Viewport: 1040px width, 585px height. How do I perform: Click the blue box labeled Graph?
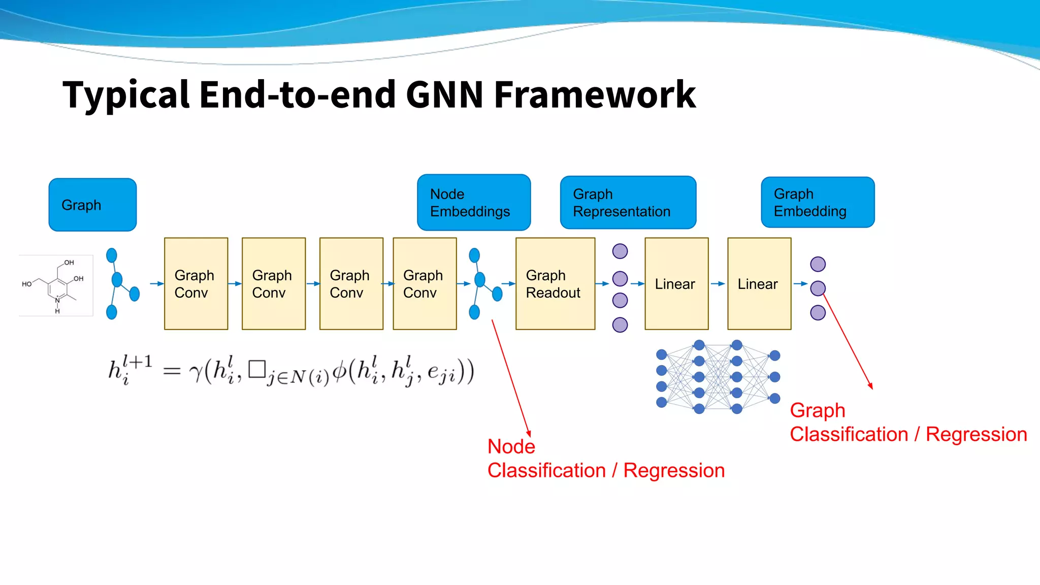click(92, 205)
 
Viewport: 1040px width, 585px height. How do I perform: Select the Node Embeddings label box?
click(474, 203)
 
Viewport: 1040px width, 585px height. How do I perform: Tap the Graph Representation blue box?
click(628, 203)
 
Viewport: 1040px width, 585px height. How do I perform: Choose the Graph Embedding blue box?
click(818, 202)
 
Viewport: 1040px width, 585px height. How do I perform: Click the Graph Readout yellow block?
click(555, 284)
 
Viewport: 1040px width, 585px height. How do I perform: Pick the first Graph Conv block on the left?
click(196, 284)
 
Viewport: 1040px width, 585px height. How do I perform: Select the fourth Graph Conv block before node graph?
click(425, 284)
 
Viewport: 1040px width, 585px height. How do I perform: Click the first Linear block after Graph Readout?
click(676, 284)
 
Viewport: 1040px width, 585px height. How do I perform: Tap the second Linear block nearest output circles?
click(759, 284)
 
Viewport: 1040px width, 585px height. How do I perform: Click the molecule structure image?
click(56, 286)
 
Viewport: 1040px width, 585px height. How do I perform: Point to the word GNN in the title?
click(444, 95)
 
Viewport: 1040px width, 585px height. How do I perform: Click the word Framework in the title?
click(595, 95)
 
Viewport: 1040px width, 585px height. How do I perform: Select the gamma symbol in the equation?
click(196, 373)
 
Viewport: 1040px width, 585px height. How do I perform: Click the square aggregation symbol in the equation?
click(257, 369)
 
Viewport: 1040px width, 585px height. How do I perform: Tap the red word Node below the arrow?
click(511, 446)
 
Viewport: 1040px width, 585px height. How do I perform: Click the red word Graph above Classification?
click(817, 410)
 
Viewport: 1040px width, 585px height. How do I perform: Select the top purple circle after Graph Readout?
click(620, 251)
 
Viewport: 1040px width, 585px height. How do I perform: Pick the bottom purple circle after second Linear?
click(818, 312)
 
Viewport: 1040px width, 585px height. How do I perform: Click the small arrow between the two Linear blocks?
click(718, 284)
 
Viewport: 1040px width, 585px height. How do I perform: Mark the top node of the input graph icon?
click(112, 255)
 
